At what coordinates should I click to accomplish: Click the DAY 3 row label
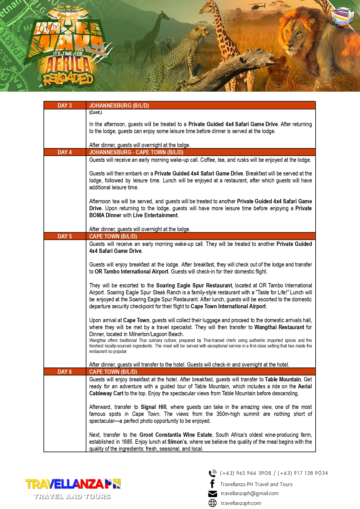(65, 106)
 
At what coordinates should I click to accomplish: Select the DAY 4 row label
(65, 152)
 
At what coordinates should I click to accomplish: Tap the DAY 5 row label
(65, 236)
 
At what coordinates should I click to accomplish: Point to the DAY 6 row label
(65, 372)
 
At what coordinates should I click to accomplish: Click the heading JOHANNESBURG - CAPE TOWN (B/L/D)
(136, 152)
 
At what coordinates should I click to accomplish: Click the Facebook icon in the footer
(212, 484)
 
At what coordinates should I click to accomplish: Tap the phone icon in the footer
(212, 473)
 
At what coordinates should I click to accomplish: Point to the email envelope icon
(212, 494)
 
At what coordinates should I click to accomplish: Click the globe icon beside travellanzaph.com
(212, 503)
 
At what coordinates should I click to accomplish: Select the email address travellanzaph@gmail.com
(249, 493)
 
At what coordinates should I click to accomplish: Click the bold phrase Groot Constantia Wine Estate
(176, 435)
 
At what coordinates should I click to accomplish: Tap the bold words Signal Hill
(154, 407)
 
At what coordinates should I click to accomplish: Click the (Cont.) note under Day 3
(96, 113)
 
